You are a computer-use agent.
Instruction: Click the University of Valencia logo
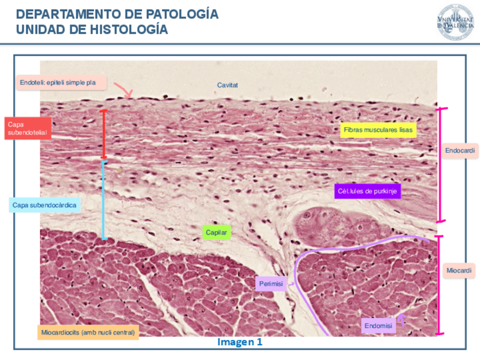pos(455,22)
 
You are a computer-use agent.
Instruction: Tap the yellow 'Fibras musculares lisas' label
pos(378,130)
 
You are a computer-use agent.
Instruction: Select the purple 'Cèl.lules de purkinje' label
pos(367,191)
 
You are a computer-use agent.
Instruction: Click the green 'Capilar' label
pos(217,232)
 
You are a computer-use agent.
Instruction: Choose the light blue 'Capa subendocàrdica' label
pos(44,204)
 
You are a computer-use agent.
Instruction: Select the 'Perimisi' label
pos(271,284)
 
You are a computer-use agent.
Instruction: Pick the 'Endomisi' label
pos(378,325)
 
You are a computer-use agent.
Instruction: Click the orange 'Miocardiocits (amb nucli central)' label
pos(88,332)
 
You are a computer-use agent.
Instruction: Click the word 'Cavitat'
pos(228,85)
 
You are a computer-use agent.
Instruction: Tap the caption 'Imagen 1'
pos(240,342)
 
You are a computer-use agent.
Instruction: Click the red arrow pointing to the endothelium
pos(123,89)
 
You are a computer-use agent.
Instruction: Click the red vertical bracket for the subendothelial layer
pos(103,134)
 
